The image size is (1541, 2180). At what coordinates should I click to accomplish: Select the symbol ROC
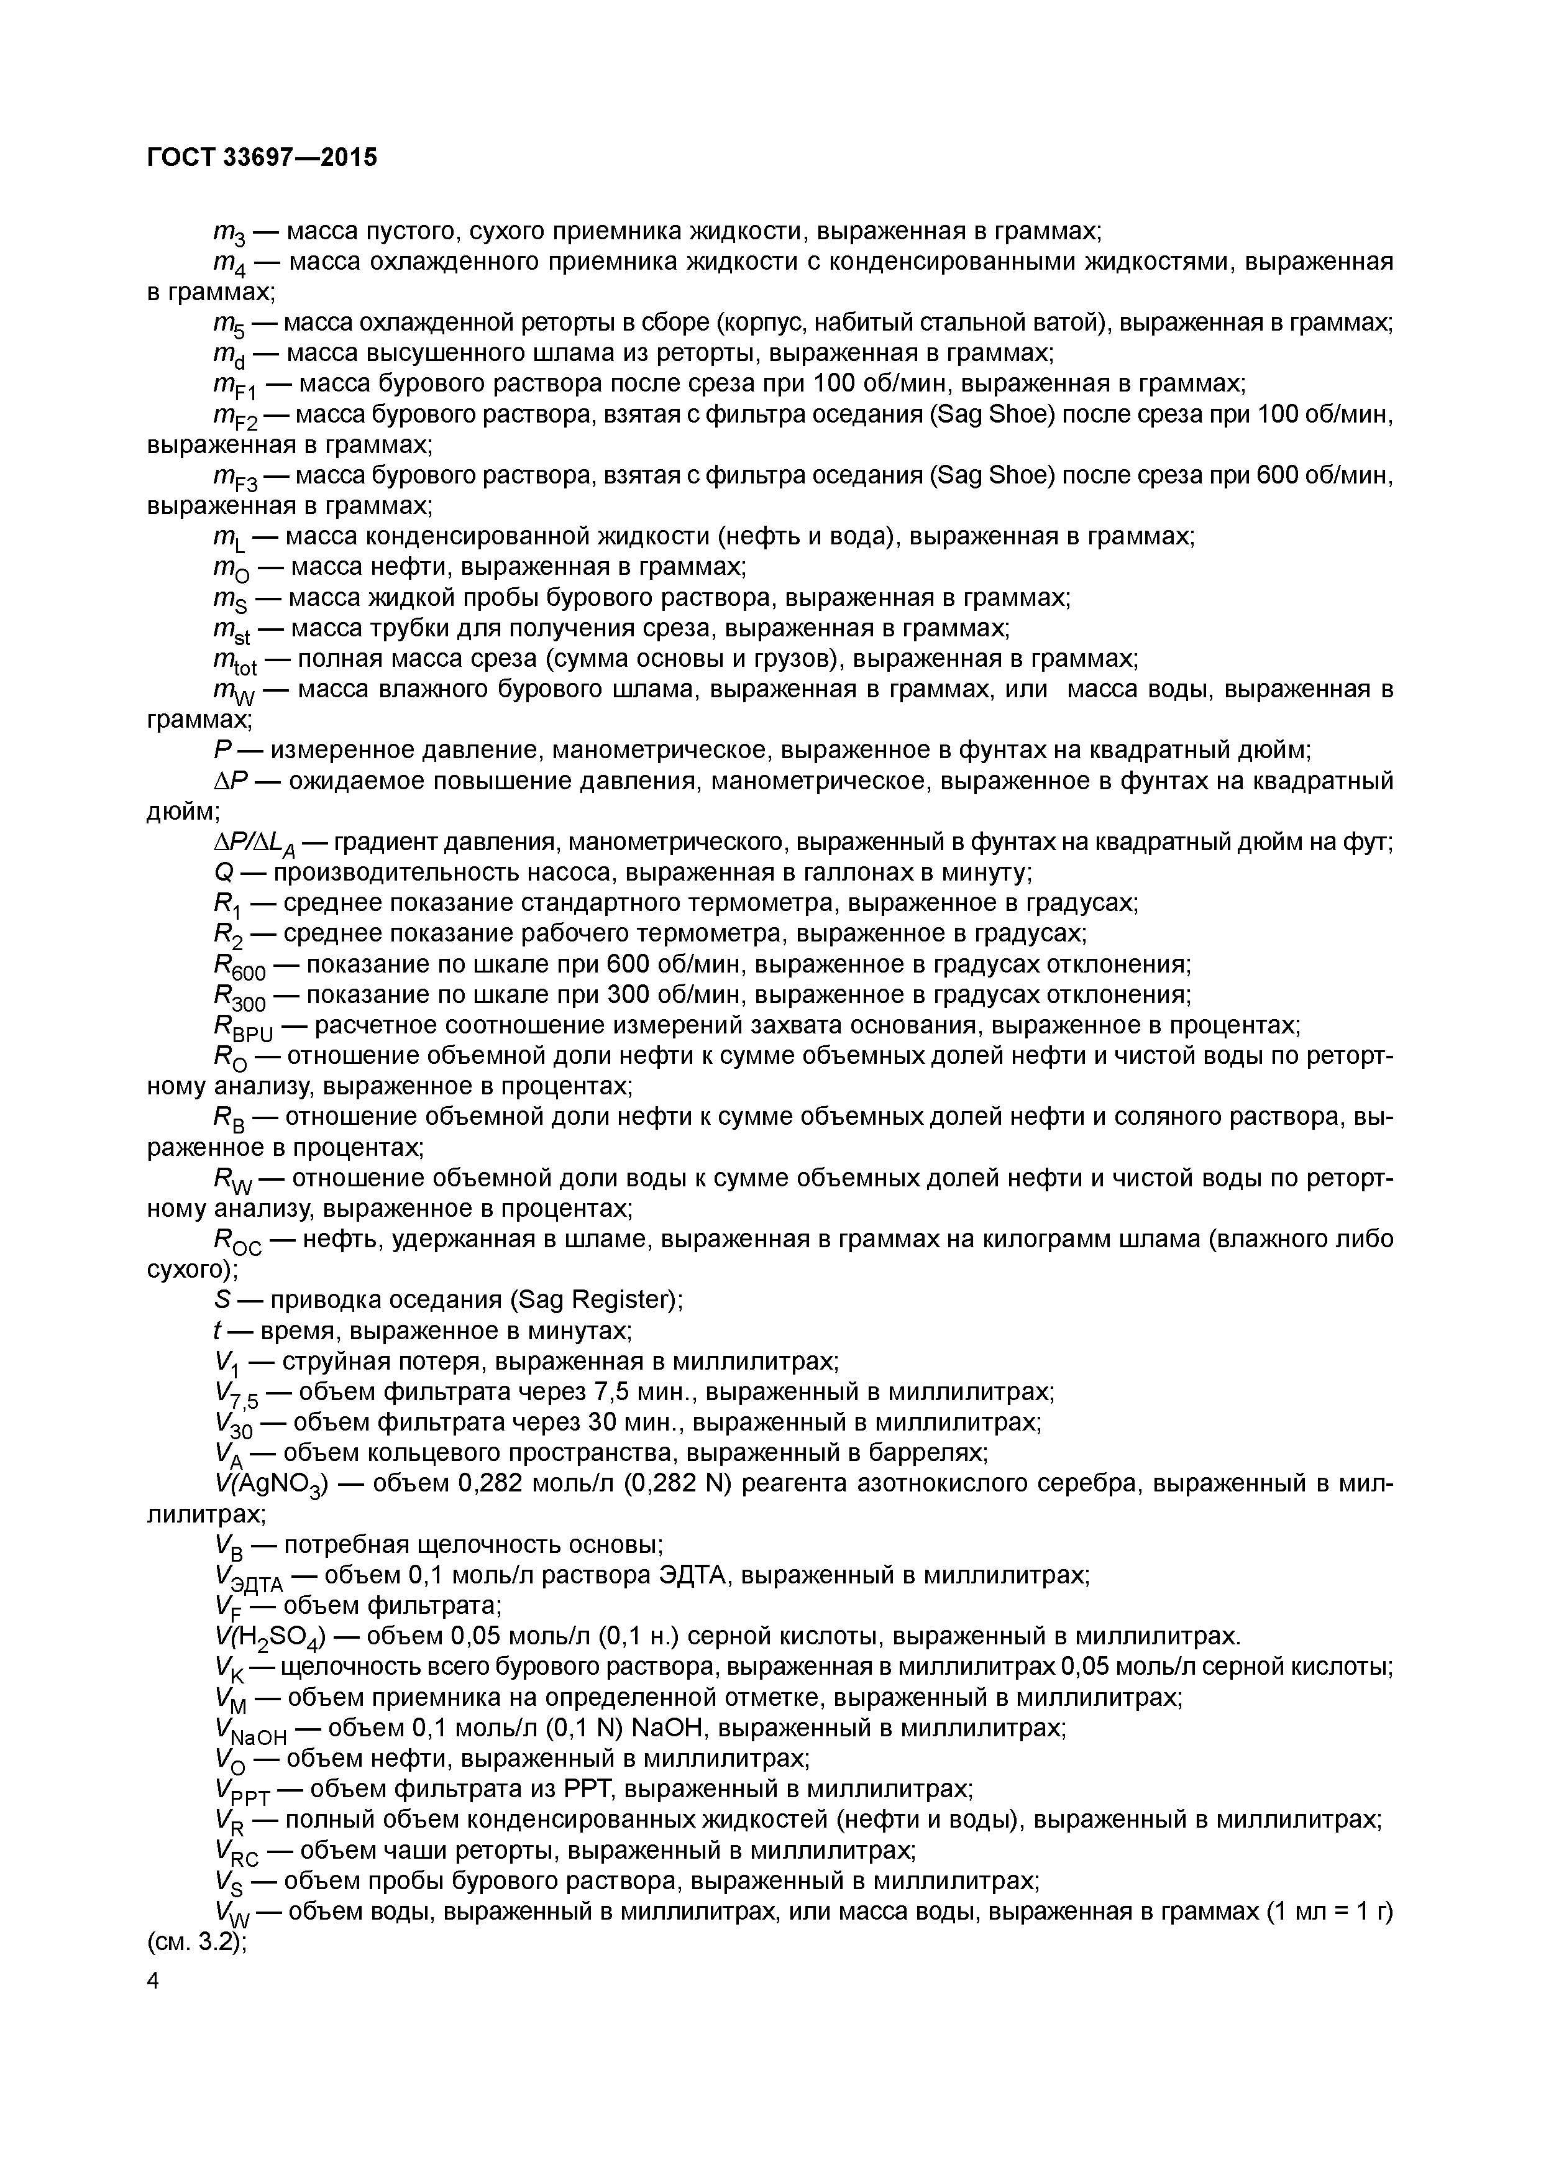(236, 1242)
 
